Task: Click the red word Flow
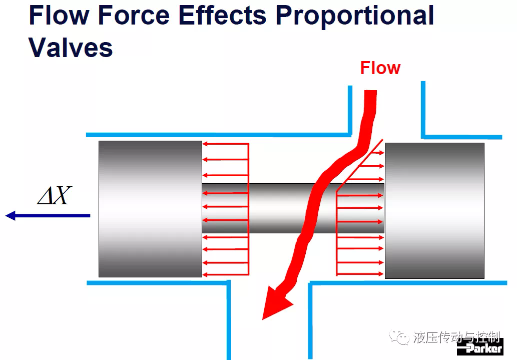(380, 68)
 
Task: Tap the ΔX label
(55, 196)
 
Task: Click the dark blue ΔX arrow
(48, 215)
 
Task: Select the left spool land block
(150, 209)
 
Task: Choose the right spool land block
(434, 210)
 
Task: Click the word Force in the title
(134, 15)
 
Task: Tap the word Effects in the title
(222, 15)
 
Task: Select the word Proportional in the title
(354, 17)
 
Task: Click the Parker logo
(480, 347)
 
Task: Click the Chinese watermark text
(456, 337)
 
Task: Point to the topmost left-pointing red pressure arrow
(225, 144)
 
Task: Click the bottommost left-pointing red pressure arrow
(225, 274)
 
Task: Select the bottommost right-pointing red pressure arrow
(360, 274)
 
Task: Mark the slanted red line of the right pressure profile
(360, 165)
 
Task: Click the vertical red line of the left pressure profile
(248, 209)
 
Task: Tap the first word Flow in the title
(59, 15)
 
